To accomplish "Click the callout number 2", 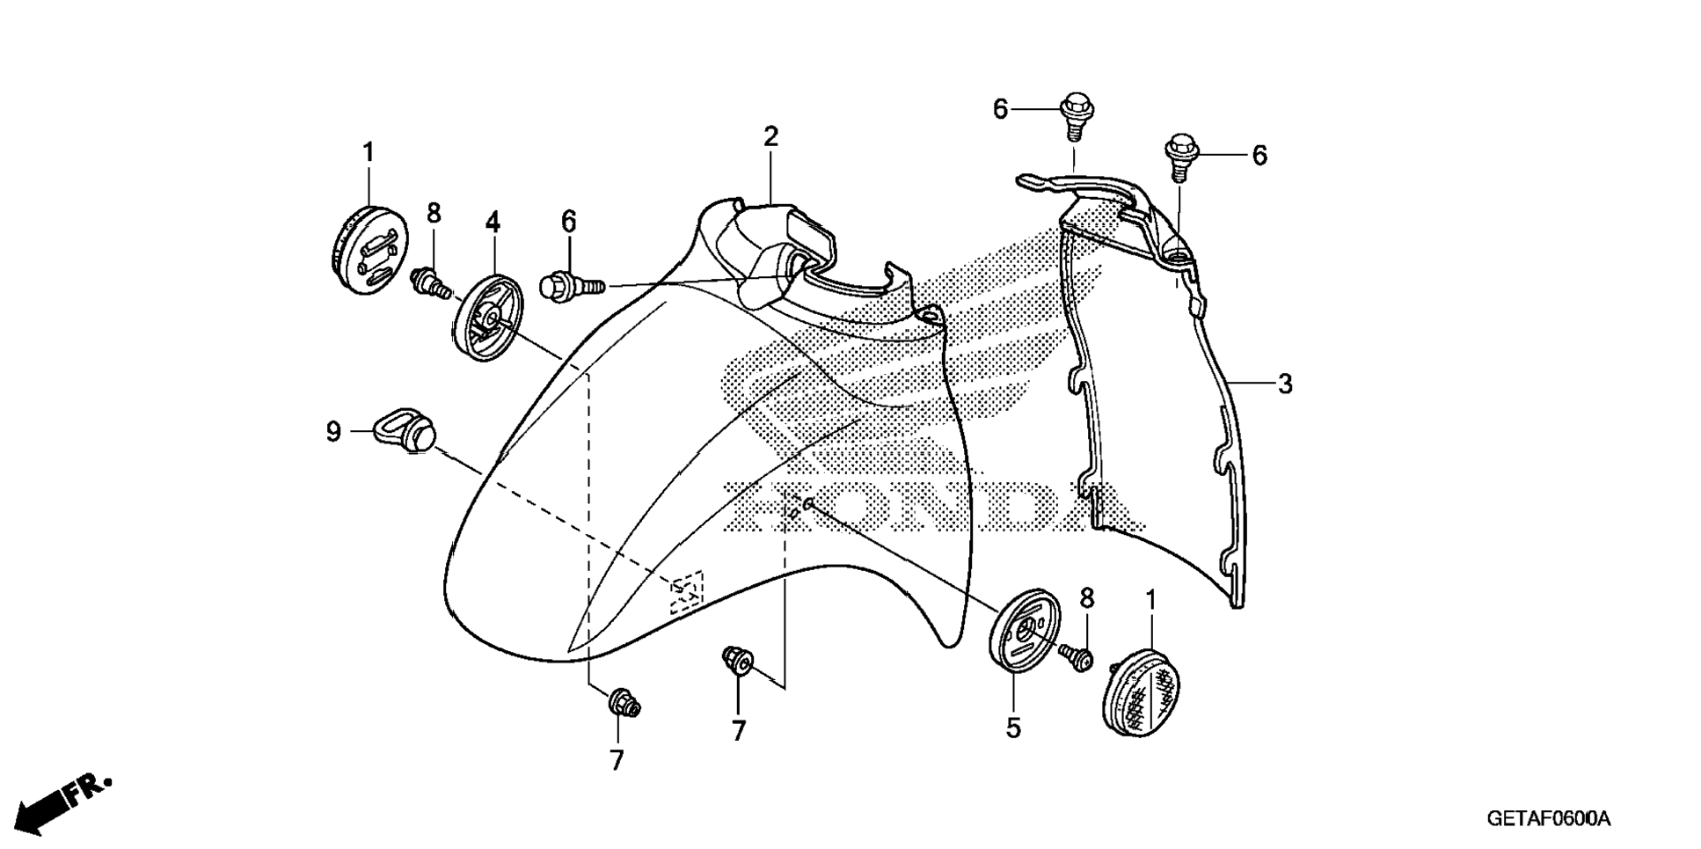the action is click(x=770, y=136).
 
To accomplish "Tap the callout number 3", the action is click(x=1285, y=384).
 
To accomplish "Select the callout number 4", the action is click(x=493, y=223).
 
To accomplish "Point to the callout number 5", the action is click(x=1013, y=728).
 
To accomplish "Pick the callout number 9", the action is click(x=333, y=432).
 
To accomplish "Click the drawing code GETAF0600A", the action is click(x=1549, y=819).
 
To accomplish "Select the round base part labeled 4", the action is click(x=489, y=317).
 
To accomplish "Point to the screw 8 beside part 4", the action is click(x=430, y=282).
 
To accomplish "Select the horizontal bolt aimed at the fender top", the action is click(x=571, y=287).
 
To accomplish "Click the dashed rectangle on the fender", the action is click(x=687, y=592).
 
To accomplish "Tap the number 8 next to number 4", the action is click(x=434, y=214).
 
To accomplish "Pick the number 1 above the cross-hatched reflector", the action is click(x=1150, y=602).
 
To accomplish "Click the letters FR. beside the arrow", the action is click(x=91, y=787).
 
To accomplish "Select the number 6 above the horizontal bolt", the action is click(x=569, y=223).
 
